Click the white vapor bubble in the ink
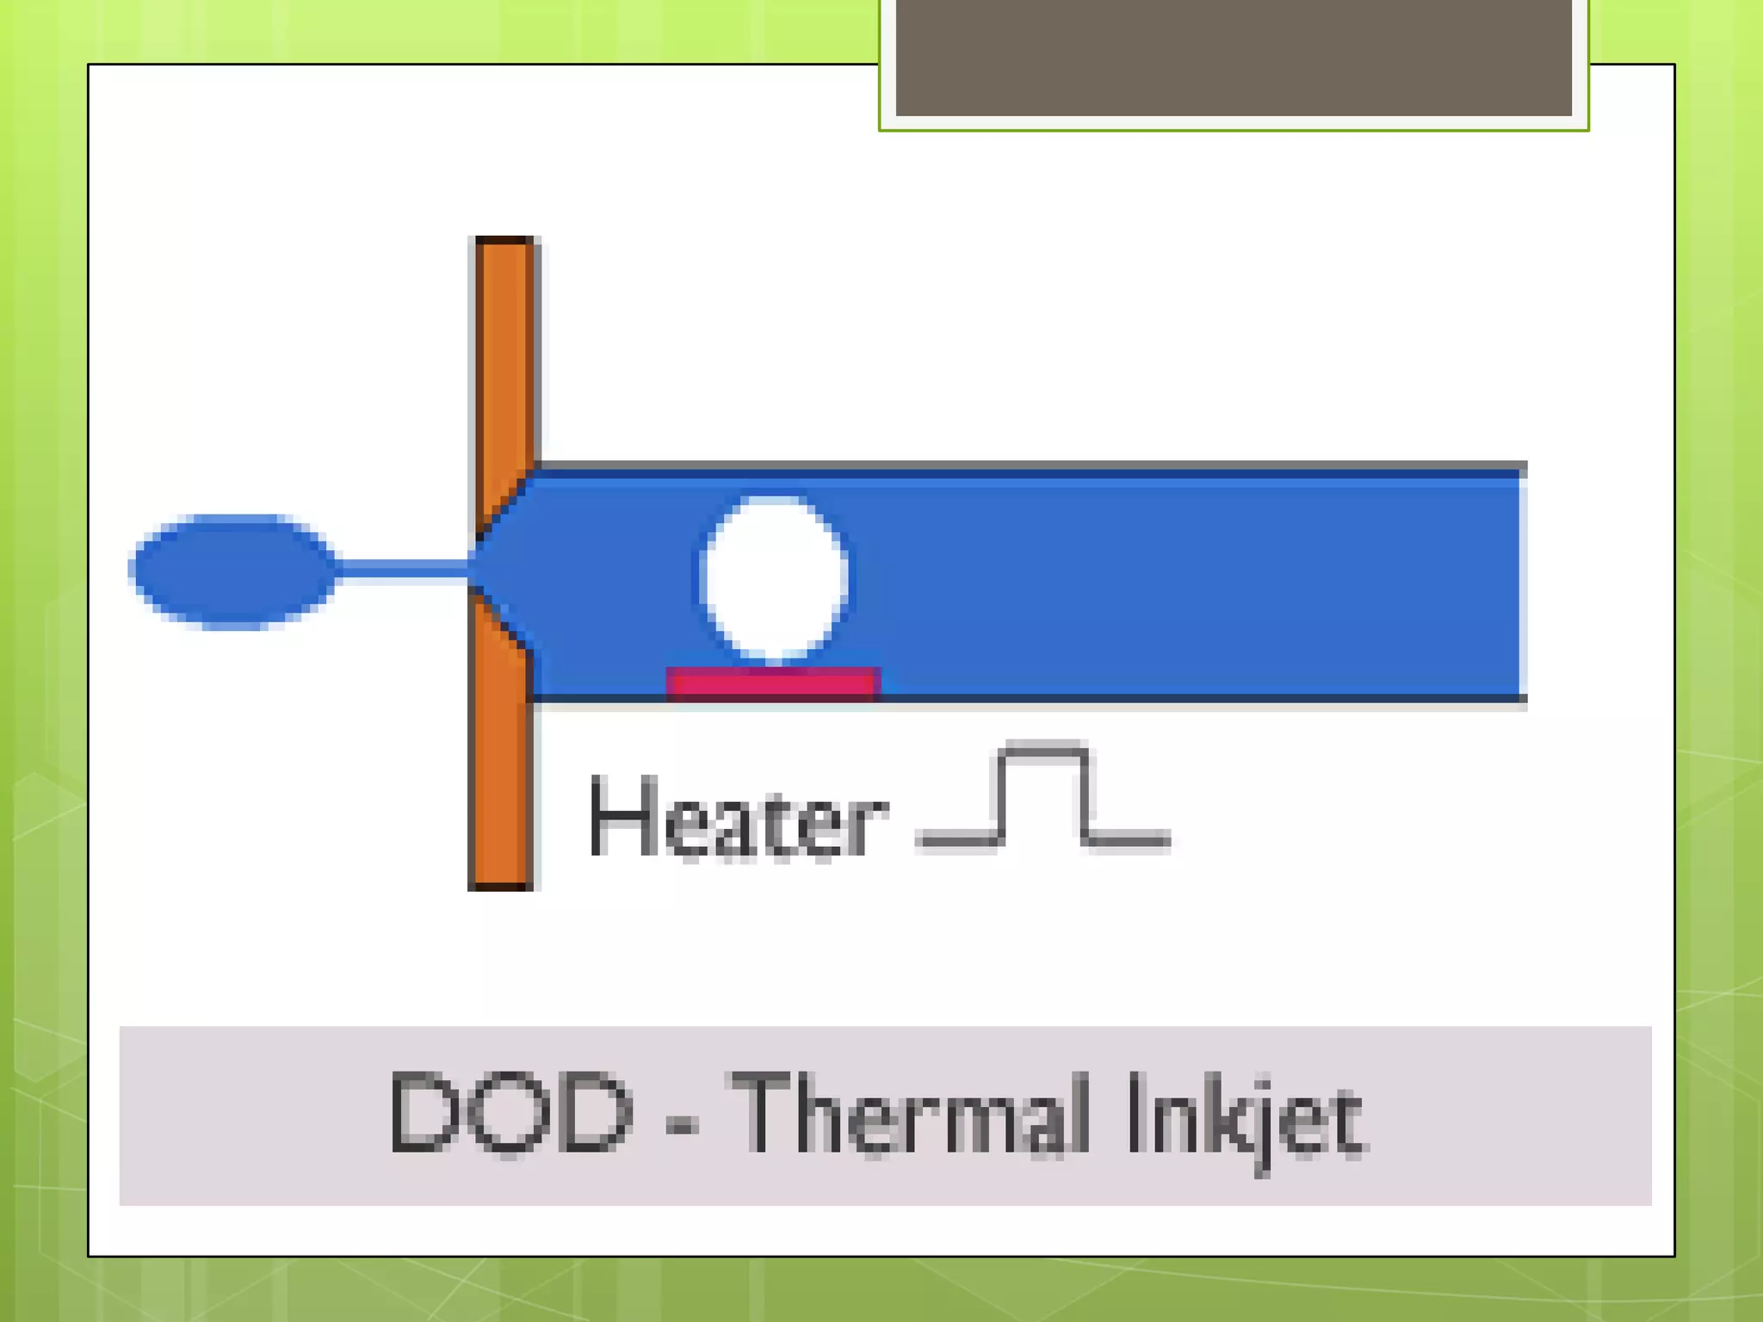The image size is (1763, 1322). pyautogui.click(x=773, y=577)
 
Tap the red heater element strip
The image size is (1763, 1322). pyautogui.click(x=773, y=683)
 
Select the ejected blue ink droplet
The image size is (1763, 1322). pyautogui.click(x=232, y=571)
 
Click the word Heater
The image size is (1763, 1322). pyautogui.click(x=737, y=818)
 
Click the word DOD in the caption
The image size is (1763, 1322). pyautogui.click(x=510, y=1112)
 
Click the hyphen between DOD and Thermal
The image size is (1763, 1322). pyautogui.click(x=682, y=1121)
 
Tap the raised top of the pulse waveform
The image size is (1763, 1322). pyautogui.click(x=1044, y=751)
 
